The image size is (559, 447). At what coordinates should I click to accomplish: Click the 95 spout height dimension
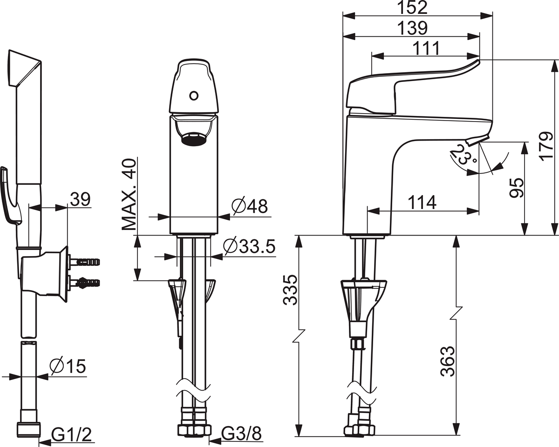517,188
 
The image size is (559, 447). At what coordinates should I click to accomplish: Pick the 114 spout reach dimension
422,203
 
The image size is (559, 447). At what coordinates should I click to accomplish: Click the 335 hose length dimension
290,290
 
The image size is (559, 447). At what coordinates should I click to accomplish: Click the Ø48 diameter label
250,206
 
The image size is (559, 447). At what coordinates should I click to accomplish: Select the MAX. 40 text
129,194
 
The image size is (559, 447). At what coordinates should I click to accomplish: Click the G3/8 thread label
242,433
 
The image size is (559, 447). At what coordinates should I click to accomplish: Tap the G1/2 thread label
72,434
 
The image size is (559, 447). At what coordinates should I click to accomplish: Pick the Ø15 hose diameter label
68,366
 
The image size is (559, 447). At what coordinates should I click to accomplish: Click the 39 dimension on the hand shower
80,199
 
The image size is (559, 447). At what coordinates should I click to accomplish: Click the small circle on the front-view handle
194,96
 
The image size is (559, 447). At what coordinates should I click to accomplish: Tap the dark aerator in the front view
194,139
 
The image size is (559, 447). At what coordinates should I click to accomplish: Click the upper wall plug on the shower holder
84,261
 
